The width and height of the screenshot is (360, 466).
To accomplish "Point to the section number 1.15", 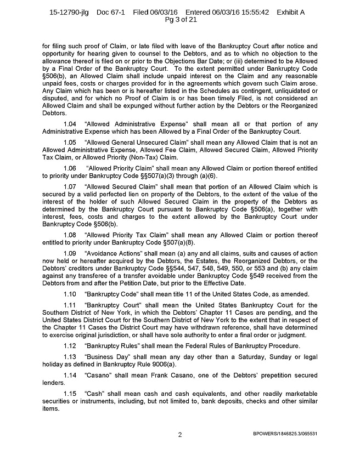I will [70, 394].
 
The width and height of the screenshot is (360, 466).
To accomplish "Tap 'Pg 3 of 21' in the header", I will [179, 20].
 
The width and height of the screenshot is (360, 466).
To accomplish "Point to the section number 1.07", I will [70, 187].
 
